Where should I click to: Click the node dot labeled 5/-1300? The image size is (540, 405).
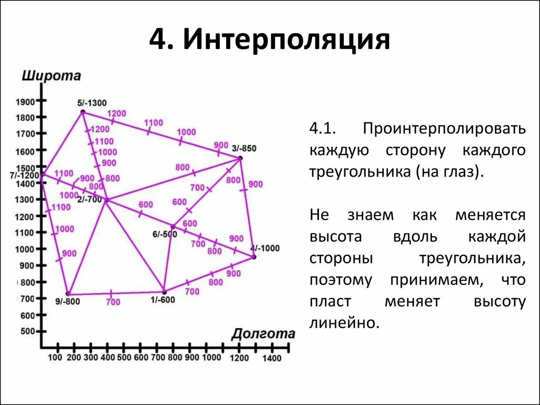83,112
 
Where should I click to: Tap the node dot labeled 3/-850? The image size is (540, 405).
240,158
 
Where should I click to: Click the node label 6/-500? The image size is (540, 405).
165,234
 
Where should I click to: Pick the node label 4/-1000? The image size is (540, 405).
265,248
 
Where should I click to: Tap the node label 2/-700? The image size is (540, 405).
89,199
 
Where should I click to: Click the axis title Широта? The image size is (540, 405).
51,76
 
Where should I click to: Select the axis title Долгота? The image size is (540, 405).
263,334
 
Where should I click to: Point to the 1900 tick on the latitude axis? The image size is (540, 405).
25,102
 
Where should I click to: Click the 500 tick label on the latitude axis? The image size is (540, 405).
28,331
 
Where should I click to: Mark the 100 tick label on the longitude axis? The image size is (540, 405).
55,358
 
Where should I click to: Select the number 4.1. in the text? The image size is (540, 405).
323,129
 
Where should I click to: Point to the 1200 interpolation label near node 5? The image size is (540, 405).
117,113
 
